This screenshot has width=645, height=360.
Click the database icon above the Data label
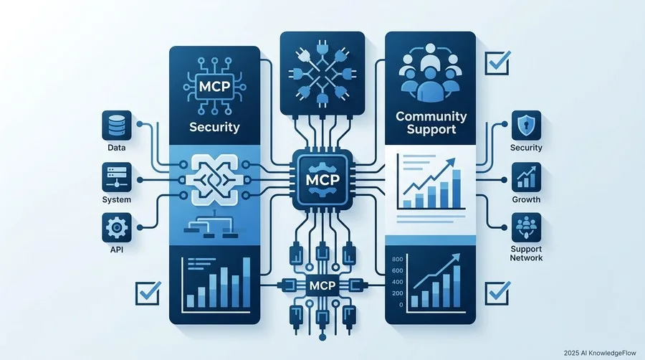pyautogui.click(x=116, y=125)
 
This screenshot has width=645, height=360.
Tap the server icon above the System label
pyautogui.click(x=116, y=177)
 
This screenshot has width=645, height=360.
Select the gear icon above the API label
pyautogui.click(x=116, y=227)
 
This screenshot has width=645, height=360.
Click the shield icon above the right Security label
pyautogui.click(x=526, y=125)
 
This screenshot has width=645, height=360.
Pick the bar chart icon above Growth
pyautogui.click(x=526, y=177)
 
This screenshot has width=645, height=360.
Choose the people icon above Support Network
pyautogui.click(x=526, y=227)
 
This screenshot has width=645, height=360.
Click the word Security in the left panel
pyautogui.click(x=214, y=127)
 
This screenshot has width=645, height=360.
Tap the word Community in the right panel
pyautogui.click(x=431, y=116)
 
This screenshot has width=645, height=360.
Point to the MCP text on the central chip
pyautogui.click(x=322, y=180)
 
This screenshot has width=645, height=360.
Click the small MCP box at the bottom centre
pyautogui.click(x=322, y=285)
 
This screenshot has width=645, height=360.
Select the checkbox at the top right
pyautogui.click(x=498, y=62)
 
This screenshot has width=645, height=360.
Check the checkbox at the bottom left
pyautogui.click(x=148, y=293)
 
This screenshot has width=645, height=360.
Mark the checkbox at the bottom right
pyautogui.click(x=498, y=293)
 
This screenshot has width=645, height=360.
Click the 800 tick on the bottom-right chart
pyautogui.click(x=397, y=259)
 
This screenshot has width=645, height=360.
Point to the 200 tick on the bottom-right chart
pyautogui.click(x=397, y=293)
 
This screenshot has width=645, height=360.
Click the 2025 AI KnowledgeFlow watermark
pyautogui.click(x=600, y=353)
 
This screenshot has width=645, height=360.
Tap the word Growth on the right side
pyautogui.click(x=526, y=199)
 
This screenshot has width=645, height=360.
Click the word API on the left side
pyautogui.click(x=116, y=250)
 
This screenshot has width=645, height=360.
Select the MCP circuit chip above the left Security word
pyautogui.click(x=214, y=86)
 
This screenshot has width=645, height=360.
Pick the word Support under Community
pyautogui.click(x=431, y=130)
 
